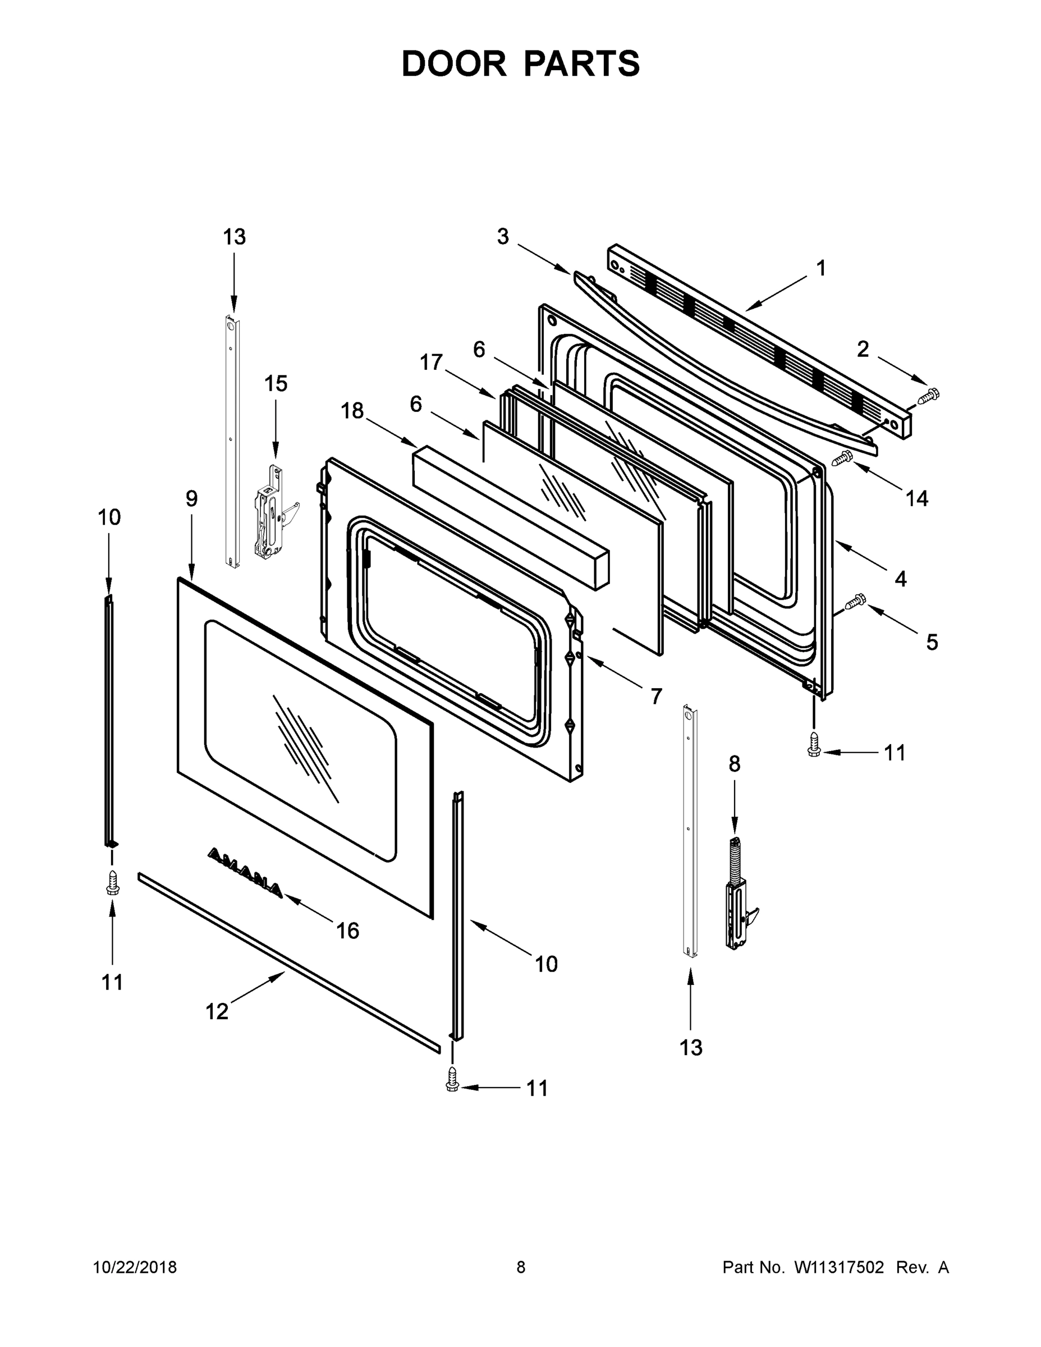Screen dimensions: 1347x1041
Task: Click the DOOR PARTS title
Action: pyautogui.click(x=521, y=64)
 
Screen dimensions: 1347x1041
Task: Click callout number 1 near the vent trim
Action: pyautogui.click(x=820, y=268)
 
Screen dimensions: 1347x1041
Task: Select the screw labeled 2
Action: pyautogui.click(x=928, y=395)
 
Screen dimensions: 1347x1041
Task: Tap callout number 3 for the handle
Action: pyautogui.click(x=503, y=236)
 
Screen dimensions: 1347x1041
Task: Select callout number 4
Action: pyautogui.click(x=900, y=579)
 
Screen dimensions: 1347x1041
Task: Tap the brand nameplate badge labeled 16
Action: pyautogui.click(x=245, y=873)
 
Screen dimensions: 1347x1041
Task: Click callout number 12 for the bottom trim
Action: pyautogui.click(x=217, y=1011)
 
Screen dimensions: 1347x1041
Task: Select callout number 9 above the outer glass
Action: pyautogui.click(x=192, y=498)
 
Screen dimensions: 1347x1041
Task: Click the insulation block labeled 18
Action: pyautogui.click(x=510, y=517)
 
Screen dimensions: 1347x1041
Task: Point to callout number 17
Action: pyautogui.click(x=431, y=362)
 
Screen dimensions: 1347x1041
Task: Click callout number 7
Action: pyautogui.click(x=656, y=697)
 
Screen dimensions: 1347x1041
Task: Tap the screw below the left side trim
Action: pyautogui.click(x=112, y=883)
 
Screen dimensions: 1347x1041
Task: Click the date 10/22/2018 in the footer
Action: pyautogui.click(x=135, y=1267)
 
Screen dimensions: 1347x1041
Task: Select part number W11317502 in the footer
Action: pyautogui.click(x=839, y=1267)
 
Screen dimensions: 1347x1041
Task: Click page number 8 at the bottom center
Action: pyautogui.click(x=521, y=1267)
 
